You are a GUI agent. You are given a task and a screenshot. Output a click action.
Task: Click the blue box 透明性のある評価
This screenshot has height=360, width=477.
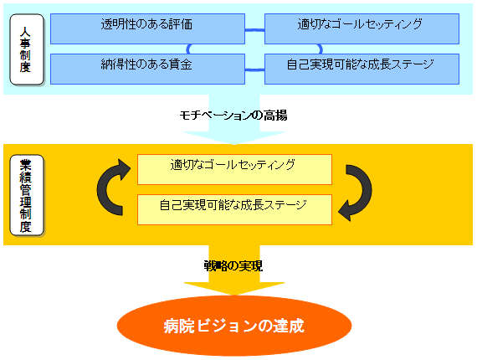pos(147,28)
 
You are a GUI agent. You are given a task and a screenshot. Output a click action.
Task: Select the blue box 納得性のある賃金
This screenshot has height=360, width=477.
pos(147,69)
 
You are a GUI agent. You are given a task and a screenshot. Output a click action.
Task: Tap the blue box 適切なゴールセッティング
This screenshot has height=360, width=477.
pos(362,28)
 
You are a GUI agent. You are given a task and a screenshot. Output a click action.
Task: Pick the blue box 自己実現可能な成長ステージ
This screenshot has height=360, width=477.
pos(362,69)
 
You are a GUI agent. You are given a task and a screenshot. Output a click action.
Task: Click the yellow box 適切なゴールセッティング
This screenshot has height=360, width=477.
pos(234,169)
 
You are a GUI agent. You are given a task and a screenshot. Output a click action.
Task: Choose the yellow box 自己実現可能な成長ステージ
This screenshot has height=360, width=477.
pos(234,209)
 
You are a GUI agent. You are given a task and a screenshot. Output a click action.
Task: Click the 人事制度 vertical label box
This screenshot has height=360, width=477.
pos(27,49)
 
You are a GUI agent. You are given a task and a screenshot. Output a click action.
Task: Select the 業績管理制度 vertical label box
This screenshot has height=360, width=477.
pos(27,195)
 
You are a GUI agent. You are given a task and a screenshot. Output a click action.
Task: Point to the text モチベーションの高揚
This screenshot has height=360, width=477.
pos(233,116)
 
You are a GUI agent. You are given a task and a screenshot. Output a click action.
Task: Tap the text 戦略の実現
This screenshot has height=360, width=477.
pos(233,266)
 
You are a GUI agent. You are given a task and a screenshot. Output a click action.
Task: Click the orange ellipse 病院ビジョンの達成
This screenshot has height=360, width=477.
pos(234,326)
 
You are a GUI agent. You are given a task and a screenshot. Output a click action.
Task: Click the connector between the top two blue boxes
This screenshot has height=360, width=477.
pos(254,30)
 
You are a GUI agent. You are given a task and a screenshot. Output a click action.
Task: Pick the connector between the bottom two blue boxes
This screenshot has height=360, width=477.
pos(254,70)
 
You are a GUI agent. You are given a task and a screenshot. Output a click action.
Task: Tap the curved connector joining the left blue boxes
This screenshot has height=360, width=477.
pos(188,49)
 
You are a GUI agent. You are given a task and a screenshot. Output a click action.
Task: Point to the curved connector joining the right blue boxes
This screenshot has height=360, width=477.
pos(320,49)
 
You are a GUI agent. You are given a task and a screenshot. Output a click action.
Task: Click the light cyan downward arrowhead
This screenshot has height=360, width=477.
pos(234,137)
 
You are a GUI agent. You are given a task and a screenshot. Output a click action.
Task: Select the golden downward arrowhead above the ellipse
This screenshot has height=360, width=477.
pos(234,288)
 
